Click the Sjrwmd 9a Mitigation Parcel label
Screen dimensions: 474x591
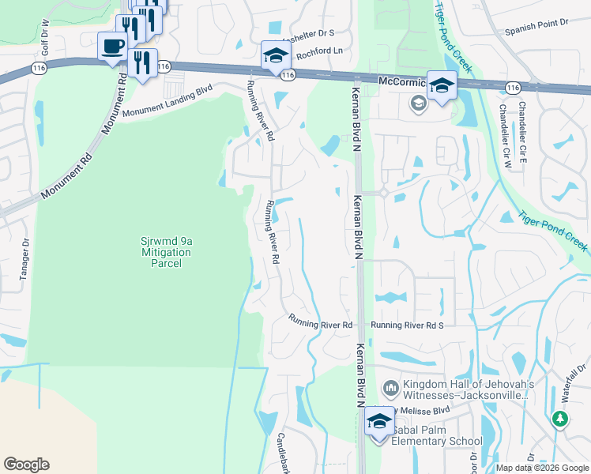166,251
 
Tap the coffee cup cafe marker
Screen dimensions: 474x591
112,46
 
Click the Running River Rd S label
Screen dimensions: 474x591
408,325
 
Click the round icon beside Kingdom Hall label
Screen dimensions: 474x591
390,388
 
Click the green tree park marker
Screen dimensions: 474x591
560,419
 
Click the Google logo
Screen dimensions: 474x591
27,465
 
